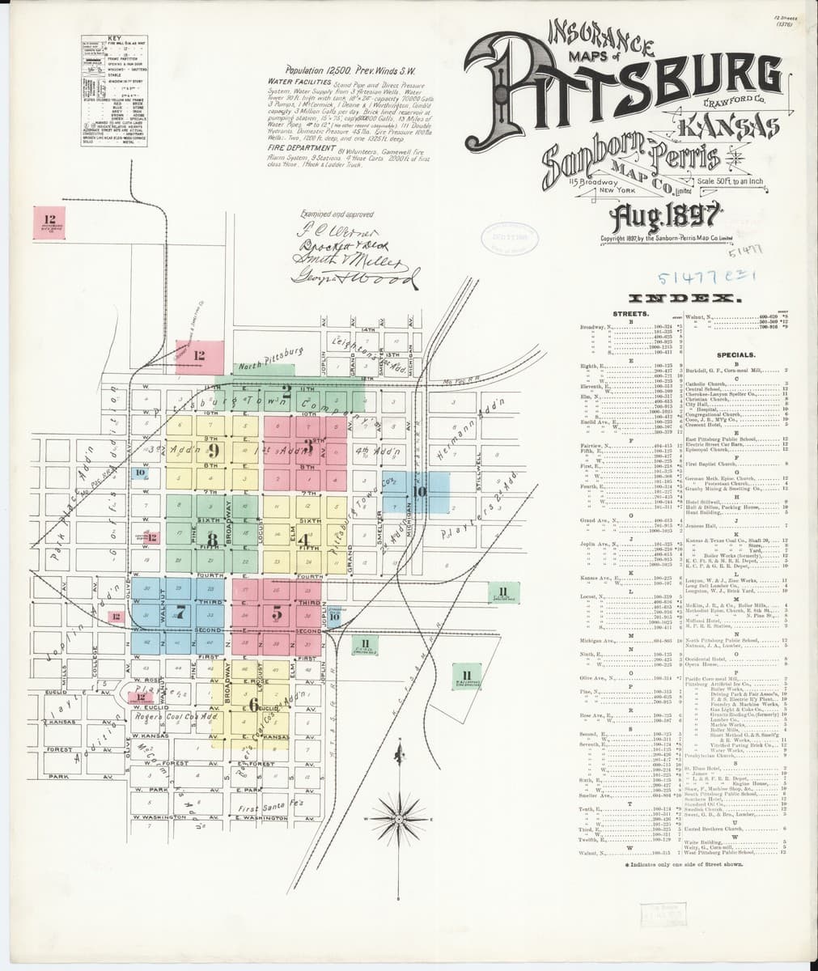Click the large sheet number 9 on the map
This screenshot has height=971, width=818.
point(213,452)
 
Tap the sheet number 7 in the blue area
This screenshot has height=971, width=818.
point(180,613)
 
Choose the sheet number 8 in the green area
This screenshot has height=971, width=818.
point(213,539)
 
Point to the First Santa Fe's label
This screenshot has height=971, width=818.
point(271,806)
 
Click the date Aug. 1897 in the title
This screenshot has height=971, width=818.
point(667,217)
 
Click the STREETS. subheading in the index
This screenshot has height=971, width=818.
point(631,312)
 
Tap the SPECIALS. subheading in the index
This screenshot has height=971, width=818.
point(735,355)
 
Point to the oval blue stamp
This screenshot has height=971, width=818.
point(505,240)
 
